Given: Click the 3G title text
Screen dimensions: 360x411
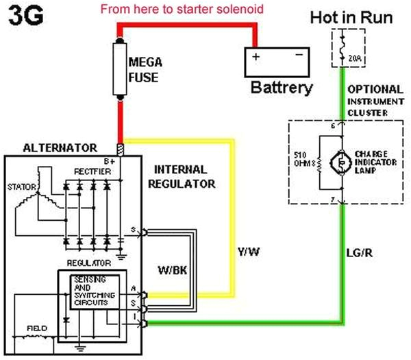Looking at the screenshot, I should coord(25,15).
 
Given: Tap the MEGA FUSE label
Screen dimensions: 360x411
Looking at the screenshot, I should coord(145,68).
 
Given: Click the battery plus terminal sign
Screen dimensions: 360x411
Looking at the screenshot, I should coord(256,57).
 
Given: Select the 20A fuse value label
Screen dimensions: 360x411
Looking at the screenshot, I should coord(355,59).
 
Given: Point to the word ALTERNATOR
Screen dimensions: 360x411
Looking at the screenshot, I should coord(59,147).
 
